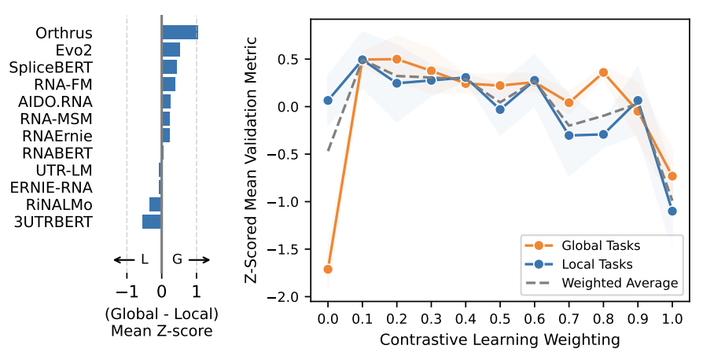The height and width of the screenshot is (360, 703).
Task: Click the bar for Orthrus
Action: [x=179, y=32]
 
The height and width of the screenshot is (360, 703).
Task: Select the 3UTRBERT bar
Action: [x=151, y=222]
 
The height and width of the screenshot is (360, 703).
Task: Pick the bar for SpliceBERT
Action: [x=169, y=67]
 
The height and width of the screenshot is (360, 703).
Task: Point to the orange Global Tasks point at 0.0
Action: [x=328, y=269]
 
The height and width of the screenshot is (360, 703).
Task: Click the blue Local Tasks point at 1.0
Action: [x=672, y=211]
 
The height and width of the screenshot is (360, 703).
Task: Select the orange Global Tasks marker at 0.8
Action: [x=603, y=72]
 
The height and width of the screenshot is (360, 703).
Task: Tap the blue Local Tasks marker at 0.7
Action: [x=569, y=135]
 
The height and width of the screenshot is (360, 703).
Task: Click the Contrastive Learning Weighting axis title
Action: [x=499, y=340]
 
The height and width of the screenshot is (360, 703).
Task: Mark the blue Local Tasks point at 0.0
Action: [x=328, y=100]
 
